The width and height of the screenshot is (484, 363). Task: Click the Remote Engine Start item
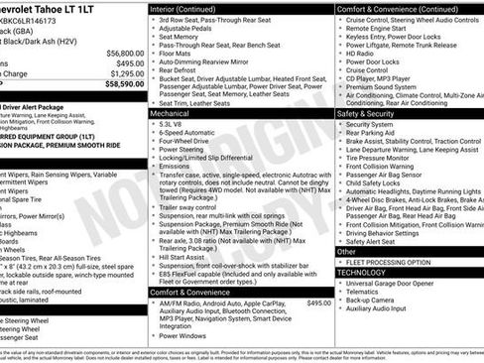[379, 30]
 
